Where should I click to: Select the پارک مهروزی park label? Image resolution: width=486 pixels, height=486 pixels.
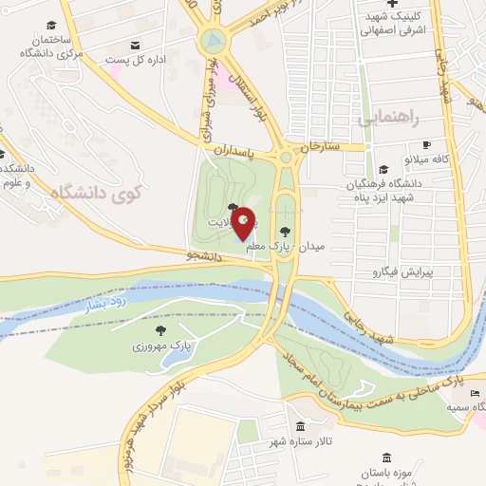(x=161, y=346)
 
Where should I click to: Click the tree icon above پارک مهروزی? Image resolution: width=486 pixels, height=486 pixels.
(x=160, y=330)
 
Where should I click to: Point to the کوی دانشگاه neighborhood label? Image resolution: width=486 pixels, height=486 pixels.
(x=94, y=195)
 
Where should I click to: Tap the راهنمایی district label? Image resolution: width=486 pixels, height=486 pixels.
(x=388, y=120)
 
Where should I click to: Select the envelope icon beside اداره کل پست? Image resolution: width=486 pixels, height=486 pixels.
(x=135, y=46)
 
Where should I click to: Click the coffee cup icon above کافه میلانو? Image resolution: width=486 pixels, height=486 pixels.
(x=427, y=144)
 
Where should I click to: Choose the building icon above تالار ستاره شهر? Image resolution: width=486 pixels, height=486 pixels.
(x=300, y=426)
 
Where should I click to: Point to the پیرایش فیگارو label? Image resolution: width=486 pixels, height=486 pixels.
(x=399, y=272)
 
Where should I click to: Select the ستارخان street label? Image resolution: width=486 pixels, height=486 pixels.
(x=319, y=147)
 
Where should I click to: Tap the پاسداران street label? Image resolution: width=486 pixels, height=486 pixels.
(x=234, y=150)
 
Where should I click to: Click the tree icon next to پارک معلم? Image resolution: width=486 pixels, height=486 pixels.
(x=285, y=231)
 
